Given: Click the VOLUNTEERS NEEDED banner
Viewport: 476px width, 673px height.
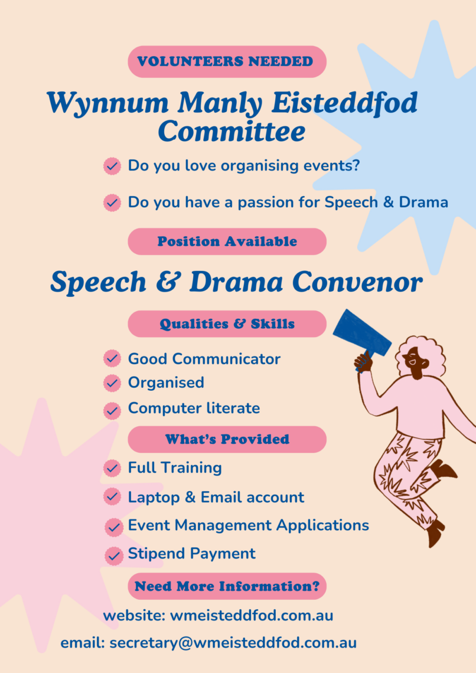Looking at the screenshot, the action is coord(227,61).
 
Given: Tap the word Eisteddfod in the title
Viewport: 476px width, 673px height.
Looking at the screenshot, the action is coord(345,103).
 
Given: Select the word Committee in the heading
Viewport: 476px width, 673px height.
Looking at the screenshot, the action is coord(232,131).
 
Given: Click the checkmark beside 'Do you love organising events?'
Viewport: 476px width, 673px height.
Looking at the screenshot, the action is coord(112,166).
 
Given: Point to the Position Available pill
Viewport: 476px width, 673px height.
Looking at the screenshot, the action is coord(227,241).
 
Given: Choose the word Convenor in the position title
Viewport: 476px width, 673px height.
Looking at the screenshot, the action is coord(357,282).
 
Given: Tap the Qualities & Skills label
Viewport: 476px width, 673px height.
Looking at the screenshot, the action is coord(227,324).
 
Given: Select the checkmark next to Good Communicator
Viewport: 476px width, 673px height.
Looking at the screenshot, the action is coord(112,358).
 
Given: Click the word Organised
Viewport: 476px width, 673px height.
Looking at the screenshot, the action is coord(166,383).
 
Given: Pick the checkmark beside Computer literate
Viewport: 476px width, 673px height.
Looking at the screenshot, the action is coord(112,411).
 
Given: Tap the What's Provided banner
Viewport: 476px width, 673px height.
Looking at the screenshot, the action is coord(227,439).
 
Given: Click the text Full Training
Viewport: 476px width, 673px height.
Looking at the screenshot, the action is coord(175,468).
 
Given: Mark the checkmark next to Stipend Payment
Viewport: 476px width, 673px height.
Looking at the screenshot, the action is coord(114,556).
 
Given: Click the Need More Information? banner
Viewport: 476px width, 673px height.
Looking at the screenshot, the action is coord(227,586).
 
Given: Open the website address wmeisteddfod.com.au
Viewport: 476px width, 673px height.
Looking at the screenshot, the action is coord(252,616).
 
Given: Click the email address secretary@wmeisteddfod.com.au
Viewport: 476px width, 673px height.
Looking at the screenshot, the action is coord(233,643).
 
